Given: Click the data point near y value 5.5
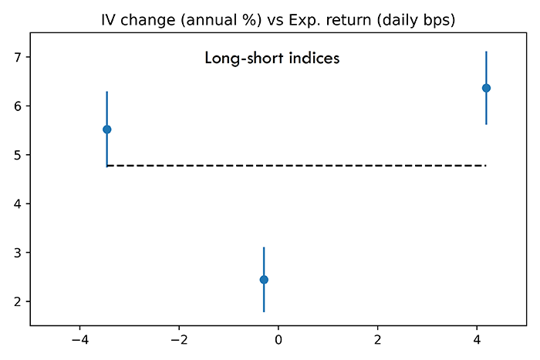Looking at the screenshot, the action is tap(106, 130).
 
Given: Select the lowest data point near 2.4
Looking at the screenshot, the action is tap(264, 280).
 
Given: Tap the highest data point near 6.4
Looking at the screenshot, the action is tap(486, 88).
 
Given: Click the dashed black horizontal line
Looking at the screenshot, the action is tap(296, 166).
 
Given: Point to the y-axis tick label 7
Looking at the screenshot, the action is tap(18, 57).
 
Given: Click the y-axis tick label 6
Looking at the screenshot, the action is tap(18, 106).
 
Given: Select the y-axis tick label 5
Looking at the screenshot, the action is tap(18, 155).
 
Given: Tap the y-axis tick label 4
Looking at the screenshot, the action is tap(18, 204).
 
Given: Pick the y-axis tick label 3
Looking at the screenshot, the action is tap(18, 253).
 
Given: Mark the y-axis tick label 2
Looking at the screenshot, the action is tap(18, 301).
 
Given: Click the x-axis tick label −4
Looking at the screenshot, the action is tap(80, 340).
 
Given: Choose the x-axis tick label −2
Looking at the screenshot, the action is tap(179, 340).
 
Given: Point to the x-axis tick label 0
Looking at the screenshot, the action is tap(278, 340).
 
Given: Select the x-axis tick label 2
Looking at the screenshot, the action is tap(378, 340).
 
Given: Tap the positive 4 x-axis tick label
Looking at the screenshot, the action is tap(477, 340).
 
